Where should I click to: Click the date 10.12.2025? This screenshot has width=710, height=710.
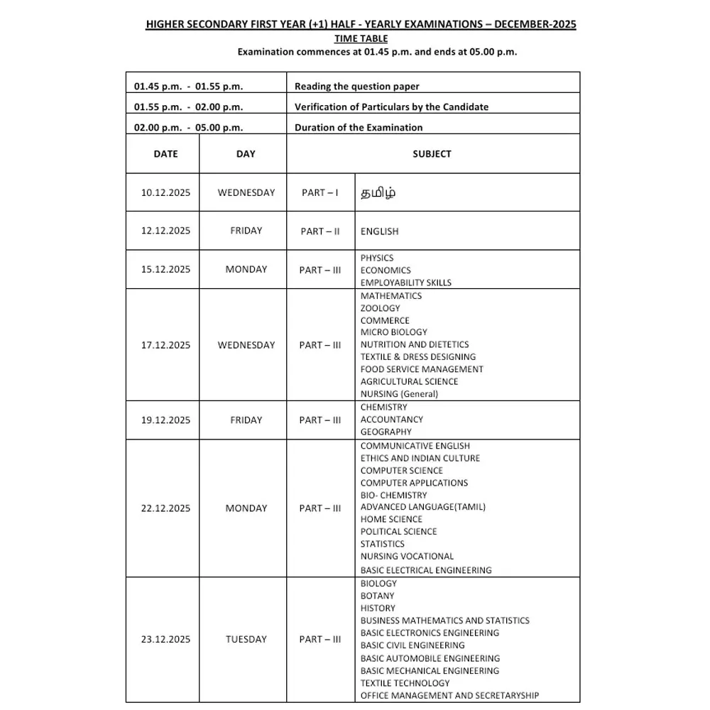165,192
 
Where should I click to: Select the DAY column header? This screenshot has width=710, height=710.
246,154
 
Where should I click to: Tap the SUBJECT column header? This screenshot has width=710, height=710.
432,154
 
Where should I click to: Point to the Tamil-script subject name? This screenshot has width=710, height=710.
378,193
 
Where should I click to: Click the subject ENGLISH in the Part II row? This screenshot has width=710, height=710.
379,231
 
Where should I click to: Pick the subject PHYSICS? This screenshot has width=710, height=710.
376,258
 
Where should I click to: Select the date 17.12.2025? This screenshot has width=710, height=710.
165,345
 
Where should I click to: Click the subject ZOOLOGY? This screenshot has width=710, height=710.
380,308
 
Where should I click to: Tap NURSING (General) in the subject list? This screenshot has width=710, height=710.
399,393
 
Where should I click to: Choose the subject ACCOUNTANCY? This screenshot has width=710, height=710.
391,420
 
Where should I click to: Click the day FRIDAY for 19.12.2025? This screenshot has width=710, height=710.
246,420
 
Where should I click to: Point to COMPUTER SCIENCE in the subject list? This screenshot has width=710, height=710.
401,471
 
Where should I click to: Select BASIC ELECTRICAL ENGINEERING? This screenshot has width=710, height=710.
425,570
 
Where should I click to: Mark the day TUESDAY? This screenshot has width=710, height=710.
246,639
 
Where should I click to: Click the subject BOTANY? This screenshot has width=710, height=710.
377,596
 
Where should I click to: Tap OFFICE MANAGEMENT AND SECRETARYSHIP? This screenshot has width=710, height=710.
449,695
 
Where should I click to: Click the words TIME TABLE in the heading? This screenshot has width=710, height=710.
361,38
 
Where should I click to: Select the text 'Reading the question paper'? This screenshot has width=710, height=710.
356,87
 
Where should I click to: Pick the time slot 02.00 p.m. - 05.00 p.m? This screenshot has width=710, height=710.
188,128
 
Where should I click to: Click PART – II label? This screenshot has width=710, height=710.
319,231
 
